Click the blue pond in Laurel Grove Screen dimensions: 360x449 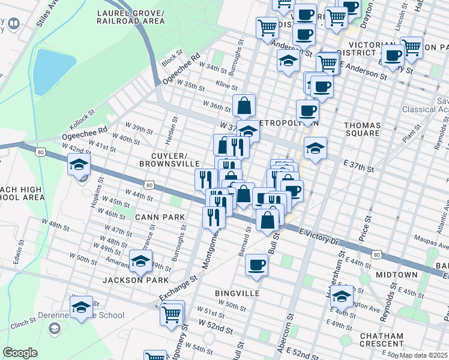(53, 71)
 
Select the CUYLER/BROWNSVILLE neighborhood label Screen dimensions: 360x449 (169, 158)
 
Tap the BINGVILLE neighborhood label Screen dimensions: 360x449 (237, 293)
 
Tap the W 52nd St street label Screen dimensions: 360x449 (214, 329)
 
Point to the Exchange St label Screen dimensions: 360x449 (178, 289)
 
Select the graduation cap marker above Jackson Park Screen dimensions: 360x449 (141, 261)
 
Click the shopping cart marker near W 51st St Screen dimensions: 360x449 (172, 313)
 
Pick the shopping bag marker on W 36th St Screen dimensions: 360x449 (244, 106)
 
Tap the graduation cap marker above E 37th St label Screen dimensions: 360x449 (315, 147)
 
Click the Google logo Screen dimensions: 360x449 (20, 353)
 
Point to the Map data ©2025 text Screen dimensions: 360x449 (424, 355)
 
